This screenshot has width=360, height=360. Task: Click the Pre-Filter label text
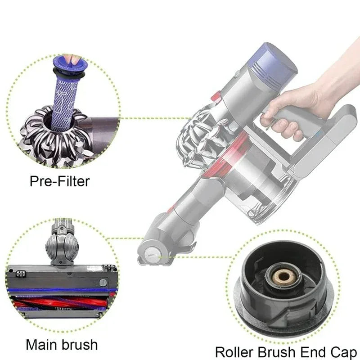pos(59,181)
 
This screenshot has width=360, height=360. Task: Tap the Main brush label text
pos(62,345)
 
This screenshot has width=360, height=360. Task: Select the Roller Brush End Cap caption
pos(287,351)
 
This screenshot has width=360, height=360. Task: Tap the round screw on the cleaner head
pos(103,282)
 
